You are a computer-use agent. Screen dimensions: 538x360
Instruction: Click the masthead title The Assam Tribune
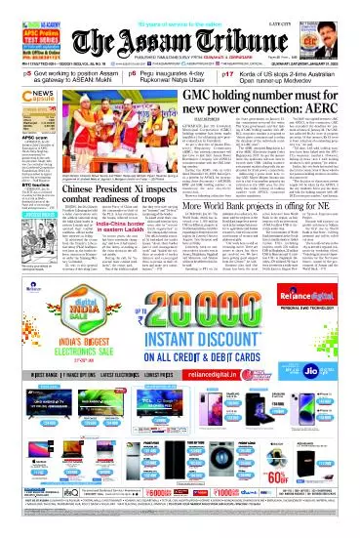[181, 38]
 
